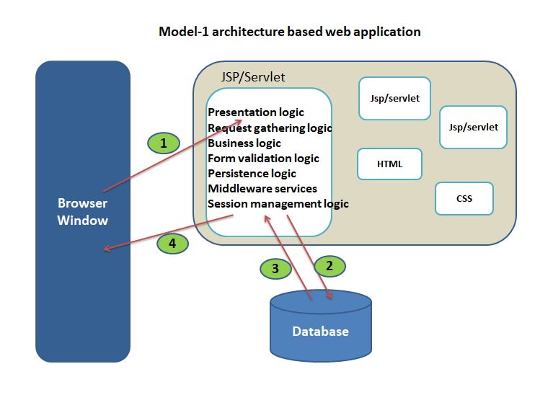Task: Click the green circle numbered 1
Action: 164,143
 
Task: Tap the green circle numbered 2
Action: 329,266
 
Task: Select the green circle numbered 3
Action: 275,269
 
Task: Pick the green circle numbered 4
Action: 172,244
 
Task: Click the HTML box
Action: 389,164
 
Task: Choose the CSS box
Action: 464,198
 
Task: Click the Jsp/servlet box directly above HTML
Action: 389,98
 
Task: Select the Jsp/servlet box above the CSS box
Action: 473,127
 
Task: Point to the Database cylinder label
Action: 320,332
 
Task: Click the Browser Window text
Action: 83,212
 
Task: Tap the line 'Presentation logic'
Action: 256,112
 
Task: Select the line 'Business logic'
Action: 244,143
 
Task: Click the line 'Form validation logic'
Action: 263,158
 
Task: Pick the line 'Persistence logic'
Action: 252,174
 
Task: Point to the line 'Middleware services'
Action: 262,189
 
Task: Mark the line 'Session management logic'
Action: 278,204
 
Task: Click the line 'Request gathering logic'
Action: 269,128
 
